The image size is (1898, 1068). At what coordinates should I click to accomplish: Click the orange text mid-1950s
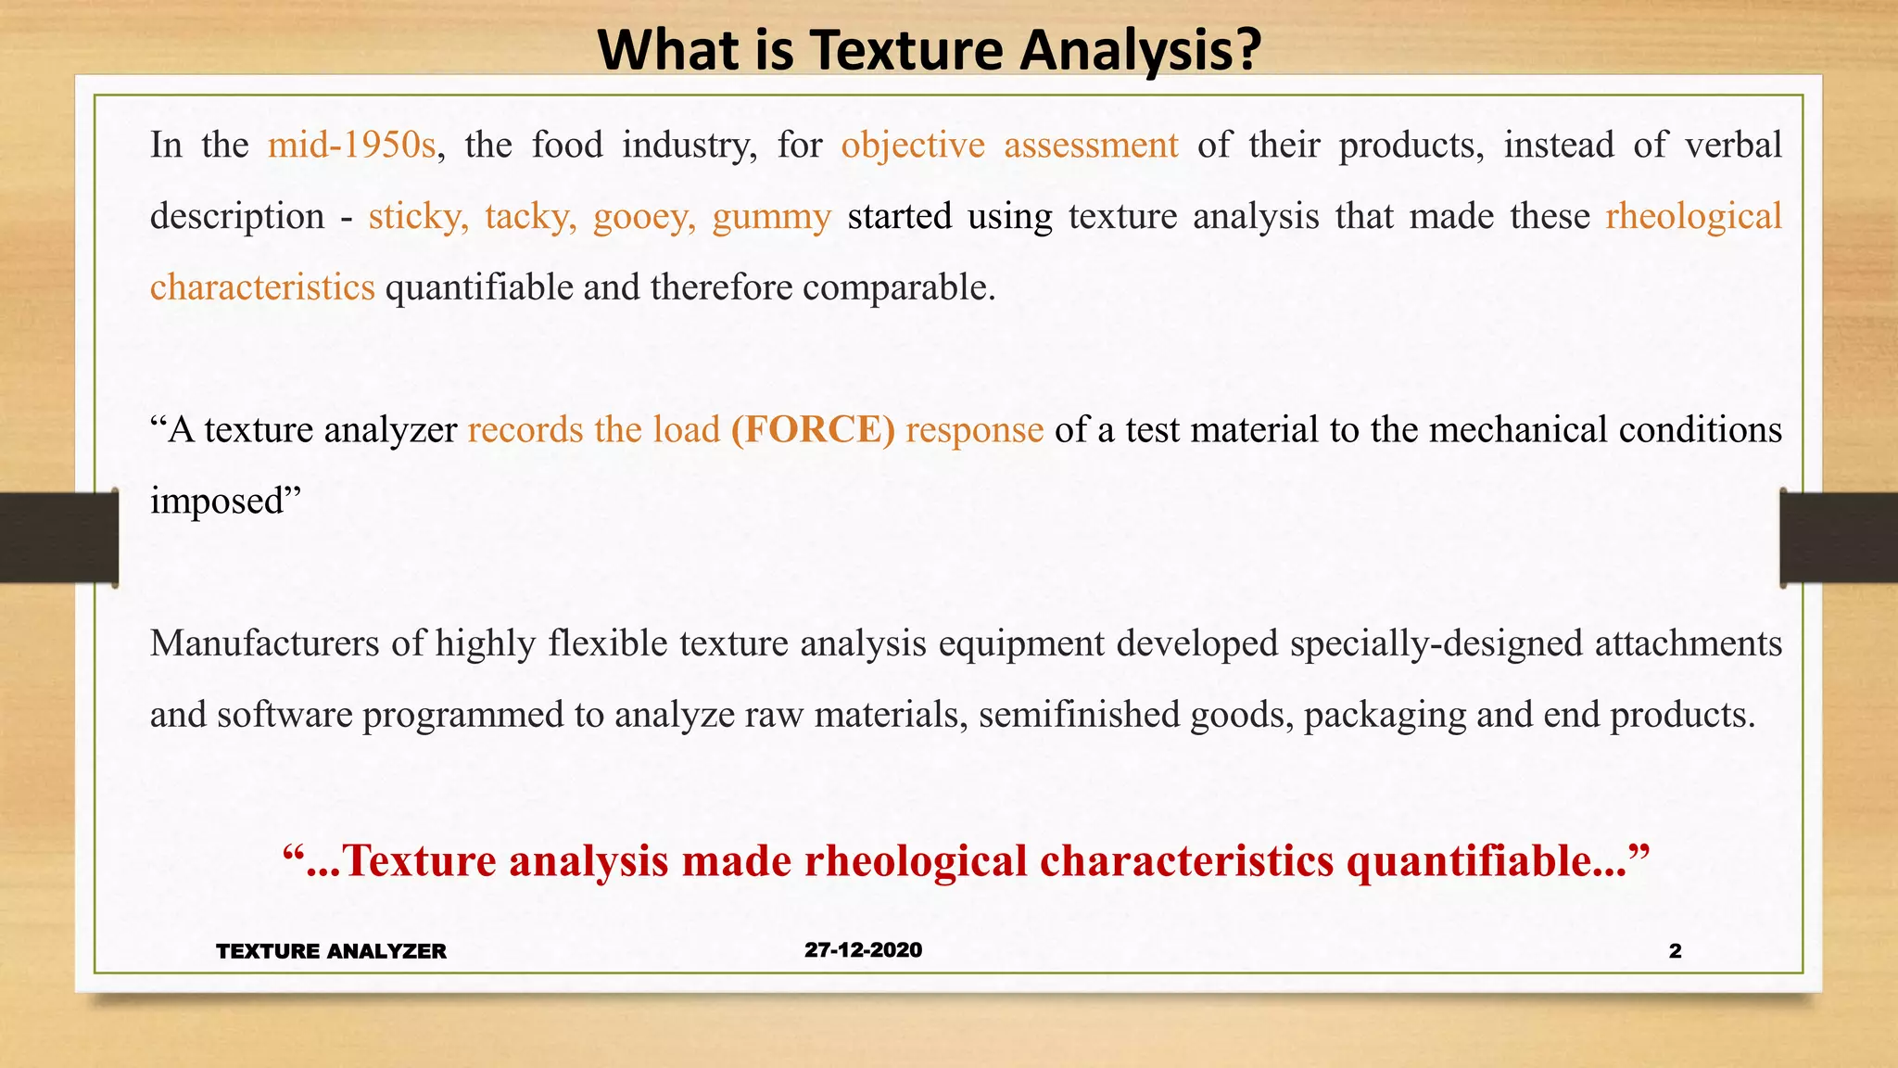tap(351, 146)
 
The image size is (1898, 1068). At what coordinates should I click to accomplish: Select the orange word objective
tap(913, 146)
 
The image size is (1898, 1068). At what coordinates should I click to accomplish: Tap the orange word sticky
tap(417, 217)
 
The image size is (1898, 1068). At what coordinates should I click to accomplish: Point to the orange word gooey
tap(644, 217)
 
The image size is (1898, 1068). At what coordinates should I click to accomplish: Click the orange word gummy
tap(771, 217)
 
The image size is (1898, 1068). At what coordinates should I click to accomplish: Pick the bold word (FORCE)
tap(813, 430)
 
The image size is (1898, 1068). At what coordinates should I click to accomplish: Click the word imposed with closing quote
tap(226, 502)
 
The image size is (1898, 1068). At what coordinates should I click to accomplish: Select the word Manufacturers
tap(264, 643)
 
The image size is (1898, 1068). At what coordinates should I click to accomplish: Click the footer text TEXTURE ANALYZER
tap(331, 951)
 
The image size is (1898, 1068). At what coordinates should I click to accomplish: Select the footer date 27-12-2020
tap(863, 950)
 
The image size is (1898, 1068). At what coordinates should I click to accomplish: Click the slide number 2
tap(1675, 951)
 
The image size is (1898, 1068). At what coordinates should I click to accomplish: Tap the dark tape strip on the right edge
tap(1839, 538)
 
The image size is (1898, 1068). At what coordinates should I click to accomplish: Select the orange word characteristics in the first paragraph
tap(262, 288)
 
